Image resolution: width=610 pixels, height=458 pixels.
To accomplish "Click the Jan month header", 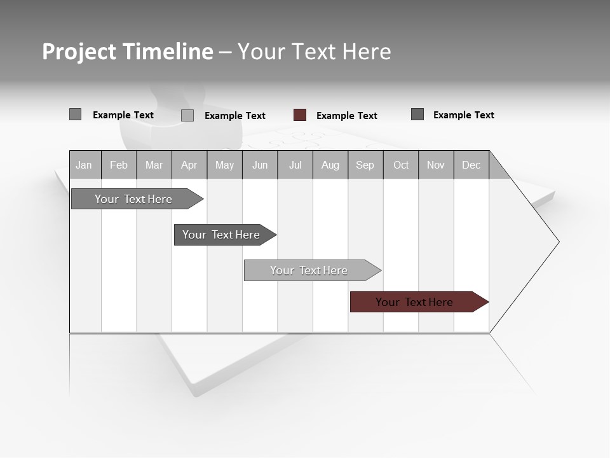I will coord(84,165).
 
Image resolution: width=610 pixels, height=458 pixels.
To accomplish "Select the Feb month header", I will coord(119,165).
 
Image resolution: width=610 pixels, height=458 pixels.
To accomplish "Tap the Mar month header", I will coord(154,165).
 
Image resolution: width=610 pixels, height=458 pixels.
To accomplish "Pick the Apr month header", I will coord(189,165).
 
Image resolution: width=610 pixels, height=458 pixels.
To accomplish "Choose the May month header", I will coord(224,165).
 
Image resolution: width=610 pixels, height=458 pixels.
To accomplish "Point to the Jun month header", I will coord(260,165).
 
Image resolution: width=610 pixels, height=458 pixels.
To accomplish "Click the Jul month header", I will coord(295,165).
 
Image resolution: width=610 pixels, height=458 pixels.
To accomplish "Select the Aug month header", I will coord(330,165).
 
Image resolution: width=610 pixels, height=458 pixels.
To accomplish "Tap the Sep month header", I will coord(365,165).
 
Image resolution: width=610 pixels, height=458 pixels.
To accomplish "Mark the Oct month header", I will coord(401,165).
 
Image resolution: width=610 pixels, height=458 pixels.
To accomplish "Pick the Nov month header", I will coord(436,165).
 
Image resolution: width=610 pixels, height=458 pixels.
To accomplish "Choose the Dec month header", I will coord(471,165).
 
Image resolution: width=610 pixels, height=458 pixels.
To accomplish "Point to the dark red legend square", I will coord(300,115).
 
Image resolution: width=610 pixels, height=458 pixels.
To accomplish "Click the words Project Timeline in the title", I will coord(128,52).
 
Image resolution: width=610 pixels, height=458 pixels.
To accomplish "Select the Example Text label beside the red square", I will coord(346,116).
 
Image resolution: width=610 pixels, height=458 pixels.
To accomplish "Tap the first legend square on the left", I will coord(76,114).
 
